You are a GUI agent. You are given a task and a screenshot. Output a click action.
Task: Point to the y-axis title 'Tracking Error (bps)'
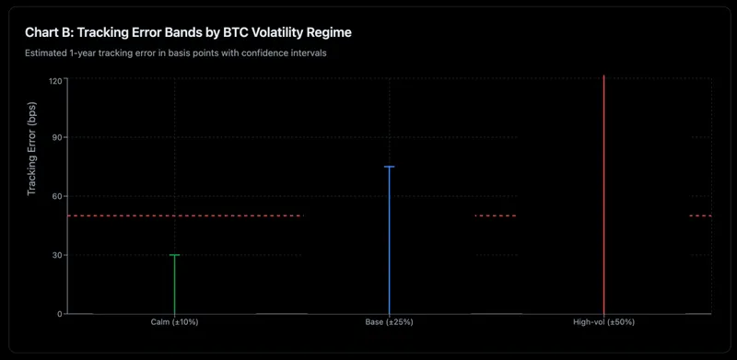point(32,148)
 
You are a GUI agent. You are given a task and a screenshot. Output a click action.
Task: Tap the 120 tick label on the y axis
point(55,81)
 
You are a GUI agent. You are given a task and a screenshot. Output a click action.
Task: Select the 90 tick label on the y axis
point(57,138)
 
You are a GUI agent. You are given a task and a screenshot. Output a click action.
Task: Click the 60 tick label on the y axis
point(57,196)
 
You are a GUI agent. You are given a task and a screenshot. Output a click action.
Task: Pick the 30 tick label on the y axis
point(57,255)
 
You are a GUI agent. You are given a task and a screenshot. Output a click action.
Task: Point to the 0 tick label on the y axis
point(60,314)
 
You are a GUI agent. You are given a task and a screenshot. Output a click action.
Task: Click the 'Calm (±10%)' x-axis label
point(174,322)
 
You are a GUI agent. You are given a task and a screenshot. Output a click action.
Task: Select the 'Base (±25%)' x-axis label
point(389,322)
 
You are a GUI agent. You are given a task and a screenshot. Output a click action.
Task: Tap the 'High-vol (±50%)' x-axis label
point(603,322)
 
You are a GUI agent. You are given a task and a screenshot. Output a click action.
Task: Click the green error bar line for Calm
point(174,285)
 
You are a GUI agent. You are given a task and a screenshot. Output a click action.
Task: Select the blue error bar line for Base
point(389,239)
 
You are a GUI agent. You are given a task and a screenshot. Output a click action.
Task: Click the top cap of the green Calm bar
point(174,255)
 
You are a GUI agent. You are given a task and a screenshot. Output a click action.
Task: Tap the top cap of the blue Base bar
point(389,167)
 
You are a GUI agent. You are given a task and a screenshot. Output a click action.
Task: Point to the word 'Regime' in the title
point(329,32)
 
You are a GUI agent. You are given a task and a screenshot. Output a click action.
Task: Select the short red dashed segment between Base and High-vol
point(495,216)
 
